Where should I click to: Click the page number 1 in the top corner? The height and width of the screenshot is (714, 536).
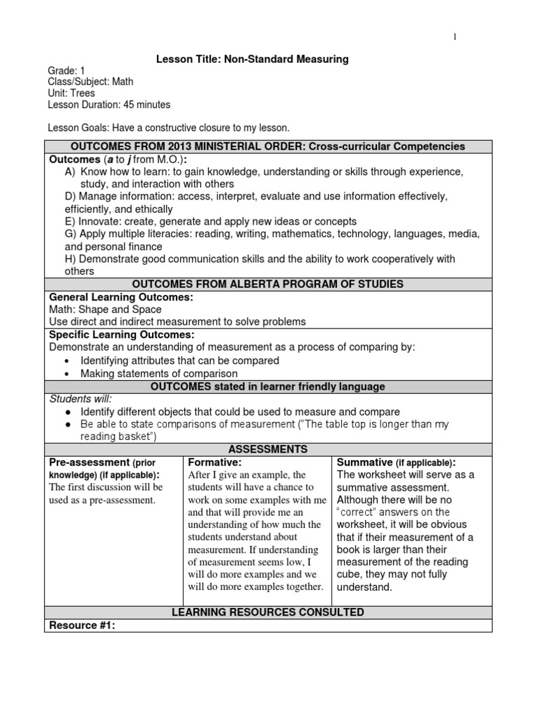(x=455, y=37)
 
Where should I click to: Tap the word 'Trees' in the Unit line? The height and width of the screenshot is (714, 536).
(x=83, y=93)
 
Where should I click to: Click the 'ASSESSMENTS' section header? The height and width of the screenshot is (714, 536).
(x=268, y=450)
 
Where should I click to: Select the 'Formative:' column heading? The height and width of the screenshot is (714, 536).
(x=215, y=462)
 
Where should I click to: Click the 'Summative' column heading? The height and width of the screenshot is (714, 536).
(x=364, y=462)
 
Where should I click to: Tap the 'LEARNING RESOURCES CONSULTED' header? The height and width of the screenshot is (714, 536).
(x=268, y=612)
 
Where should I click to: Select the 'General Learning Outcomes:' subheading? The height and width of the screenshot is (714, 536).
(x=121, y=297)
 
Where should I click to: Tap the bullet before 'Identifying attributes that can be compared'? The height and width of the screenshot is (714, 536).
(x=66, y=361)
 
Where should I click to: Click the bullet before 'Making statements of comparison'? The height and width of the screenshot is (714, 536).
(x=66, y=374)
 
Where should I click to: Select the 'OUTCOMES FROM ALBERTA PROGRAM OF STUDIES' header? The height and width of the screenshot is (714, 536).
(x=268, y=284)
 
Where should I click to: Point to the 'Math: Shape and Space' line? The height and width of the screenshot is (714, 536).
(x=105, y=310)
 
